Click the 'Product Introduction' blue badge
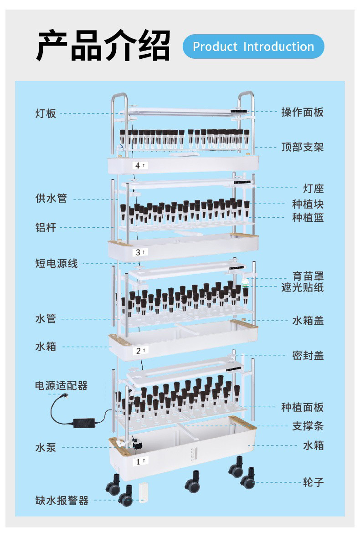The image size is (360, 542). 253,46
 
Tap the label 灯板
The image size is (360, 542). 46,113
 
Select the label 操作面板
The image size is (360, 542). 303,112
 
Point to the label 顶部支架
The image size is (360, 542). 303,147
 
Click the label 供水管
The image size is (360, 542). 51,199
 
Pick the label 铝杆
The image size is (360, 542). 46,227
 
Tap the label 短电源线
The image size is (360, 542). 57,263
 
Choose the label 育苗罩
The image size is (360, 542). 308,276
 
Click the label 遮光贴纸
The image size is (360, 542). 303,287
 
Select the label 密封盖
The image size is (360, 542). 308,356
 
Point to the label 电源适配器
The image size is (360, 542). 62,386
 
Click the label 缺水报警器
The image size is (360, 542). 62,501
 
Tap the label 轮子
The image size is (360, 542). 314,482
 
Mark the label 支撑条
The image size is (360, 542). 308,426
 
